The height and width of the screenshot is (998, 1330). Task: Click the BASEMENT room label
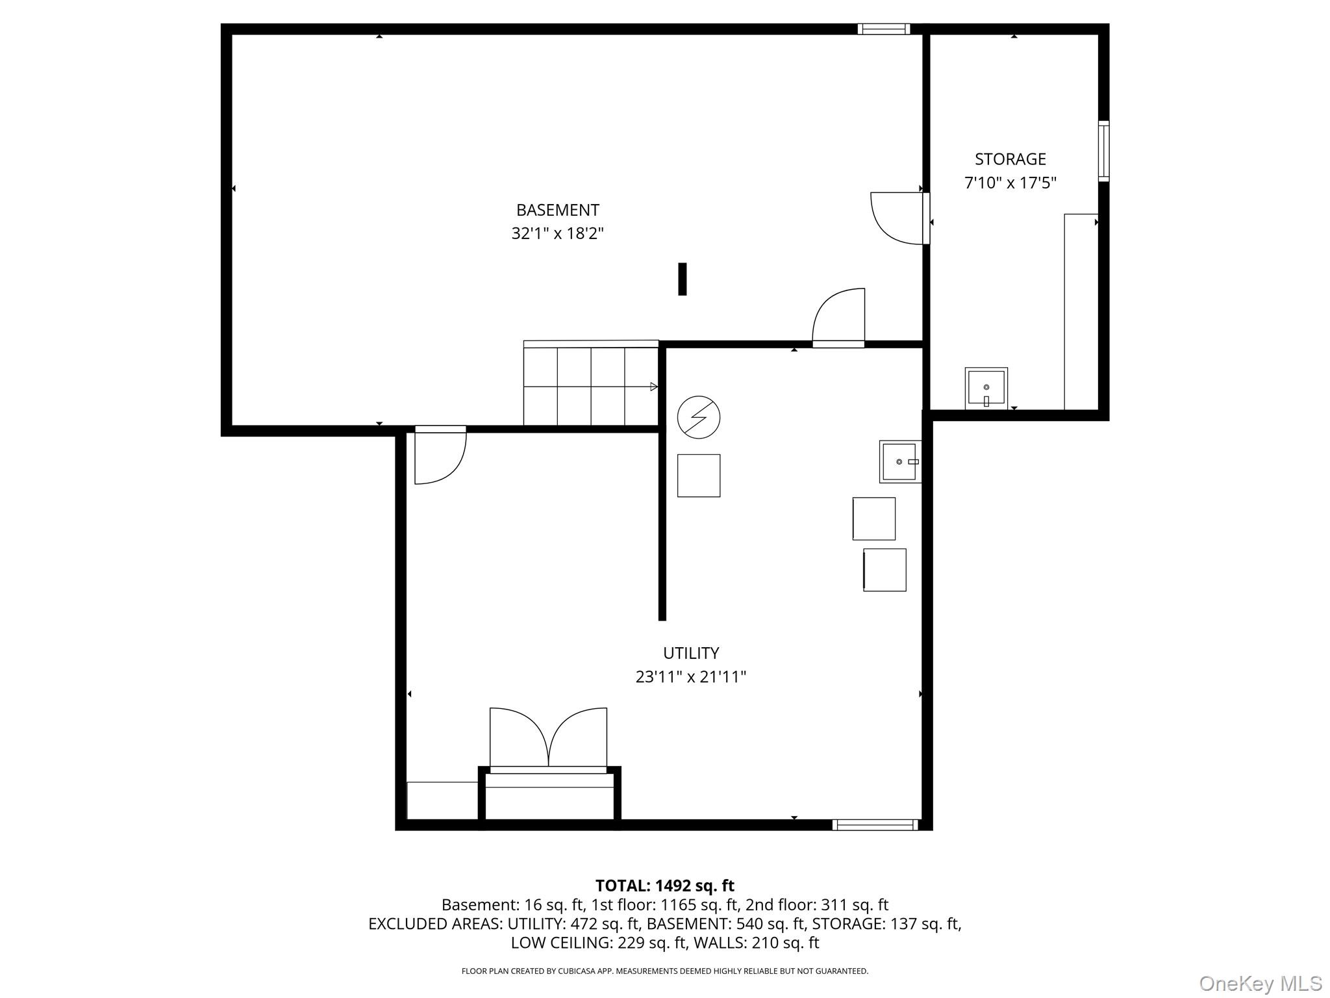pyautogui.click(x=557, y=210)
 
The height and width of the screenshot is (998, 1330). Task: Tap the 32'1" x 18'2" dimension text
pyautogui.click(x=557, y=233)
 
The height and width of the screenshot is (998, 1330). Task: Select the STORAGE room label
pyautogui.click(x=1010, y=159)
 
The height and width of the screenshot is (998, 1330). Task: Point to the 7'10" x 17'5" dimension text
pyautogui.click(x=1010, y=183)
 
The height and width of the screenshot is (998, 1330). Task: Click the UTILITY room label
pyautogui.click(x=690, y=653)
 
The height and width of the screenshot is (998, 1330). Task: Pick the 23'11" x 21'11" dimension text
pyautogui.click(x=690, y=677)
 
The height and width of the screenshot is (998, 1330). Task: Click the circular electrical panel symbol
pyautogui.click(x=698, y=417)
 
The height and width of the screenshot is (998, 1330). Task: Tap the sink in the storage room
pyautogui.click(x=986, y=388)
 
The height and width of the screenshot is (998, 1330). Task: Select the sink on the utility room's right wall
pyautogui.click(x=899, y=461)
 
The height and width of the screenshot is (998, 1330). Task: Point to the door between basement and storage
pyautogui.click(x=899, y=219)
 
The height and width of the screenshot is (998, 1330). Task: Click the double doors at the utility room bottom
pyautogui.click(x=548, y=740)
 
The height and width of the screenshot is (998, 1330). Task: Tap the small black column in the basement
pyautogui.click(x=682, y=279)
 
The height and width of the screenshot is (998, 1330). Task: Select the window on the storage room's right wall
pyautogui.click(x=1103, y=151)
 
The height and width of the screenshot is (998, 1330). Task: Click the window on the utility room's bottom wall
pyautogui.click(x=875, y=825)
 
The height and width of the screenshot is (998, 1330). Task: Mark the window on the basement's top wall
pyautogui.click(x=883, y=29)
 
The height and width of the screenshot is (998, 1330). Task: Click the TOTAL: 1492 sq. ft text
pyautogui.click(x=664, y=886)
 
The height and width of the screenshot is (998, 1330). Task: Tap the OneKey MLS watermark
pyautogui.click(x=1260, y=983)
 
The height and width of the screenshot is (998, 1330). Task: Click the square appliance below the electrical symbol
pyautogui.click(x=698, y=476)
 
